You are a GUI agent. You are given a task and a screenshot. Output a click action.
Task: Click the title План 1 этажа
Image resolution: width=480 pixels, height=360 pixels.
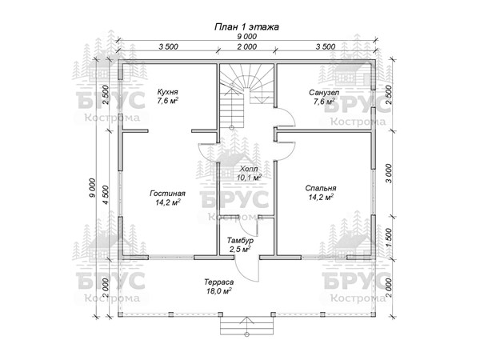[x=246, y=26]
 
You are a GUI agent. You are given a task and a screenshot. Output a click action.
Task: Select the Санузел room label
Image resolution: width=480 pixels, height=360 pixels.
[x=326, y=93]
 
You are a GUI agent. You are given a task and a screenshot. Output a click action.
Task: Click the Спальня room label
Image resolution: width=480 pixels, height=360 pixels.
[x=320, y=190]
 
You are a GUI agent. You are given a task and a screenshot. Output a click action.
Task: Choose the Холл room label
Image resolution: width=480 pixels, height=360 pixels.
[x=247, y=169]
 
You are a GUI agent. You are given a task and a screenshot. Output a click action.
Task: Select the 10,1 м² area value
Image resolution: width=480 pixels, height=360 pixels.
[x=250, y=178]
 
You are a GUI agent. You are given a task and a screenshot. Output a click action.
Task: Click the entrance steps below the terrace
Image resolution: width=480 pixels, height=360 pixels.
[x=247, y=325]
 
